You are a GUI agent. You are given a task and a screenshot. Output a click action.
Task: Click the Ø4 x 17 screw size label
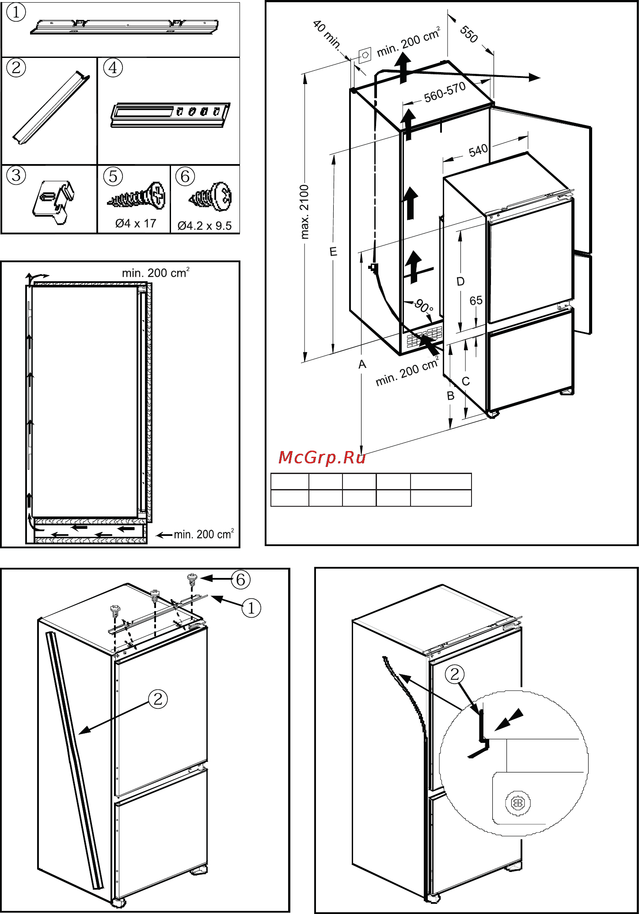click(x=136, y=224)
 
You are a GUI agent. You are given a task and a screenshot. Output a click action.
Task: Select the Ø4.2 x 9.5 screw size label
click(x=205, y=226)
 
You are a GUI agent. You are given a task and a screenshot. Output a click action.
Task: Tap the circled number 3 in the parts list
click(x=16, y=176)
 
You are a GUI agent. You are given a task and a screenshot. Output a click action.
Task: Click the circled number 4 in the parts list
click(x=113, y=68)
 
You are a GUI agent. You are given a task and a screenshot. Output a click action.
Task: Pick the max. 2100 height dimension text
click(x=304, y=212)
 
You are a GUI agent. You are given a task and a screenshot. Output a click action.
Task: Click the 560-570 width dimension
click(x=445, y=92)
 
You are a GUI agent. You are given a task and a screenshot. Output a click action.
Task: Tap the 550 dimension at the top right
click(x=469, y=34)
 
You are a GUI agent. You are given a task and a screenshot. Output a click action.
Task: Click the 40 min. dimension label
click(x=327, y=34)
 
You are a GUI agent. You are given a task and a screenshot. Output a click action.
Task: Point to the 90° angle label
click(x=424, y=306)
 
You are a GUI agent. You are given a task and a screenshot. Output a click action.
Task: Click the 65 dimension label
click(x=476, y=301)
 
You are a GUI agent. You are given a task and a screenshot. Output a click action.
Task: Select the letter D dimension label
click(x=460, y=282)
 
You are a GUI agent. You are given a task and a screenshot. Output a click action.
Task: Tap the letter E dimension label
click(x=334, y=252)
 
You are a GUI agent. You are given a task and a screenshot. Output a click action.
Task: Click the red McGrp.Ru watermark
click(x=322, y=458)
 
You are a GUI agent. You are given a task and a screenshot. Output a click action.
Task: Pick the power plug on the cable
click(x=374, y=268)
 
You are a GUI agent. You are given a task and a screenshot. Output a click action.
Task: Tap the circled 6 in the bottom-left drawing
click(x=240, y=580)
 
